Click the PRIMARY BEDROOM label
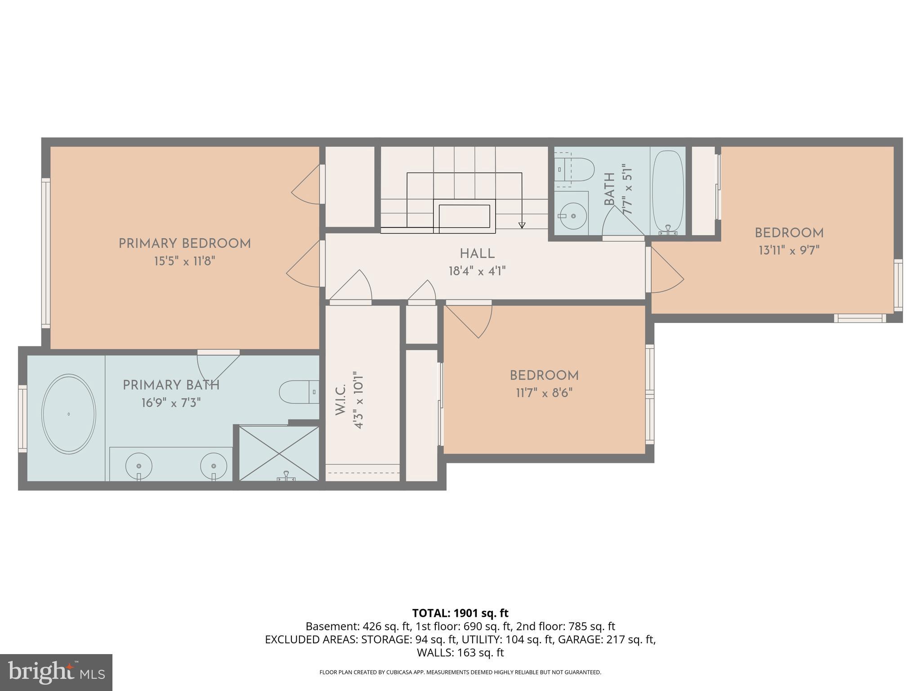click(184, 244)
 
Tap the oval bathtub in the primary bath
click(68, 413)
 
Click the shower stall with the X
click(279, 453)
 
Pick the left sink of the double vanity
click(139, 466)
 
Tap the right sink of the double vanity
click(213, 466)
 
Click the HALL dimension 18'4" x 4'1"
click(477, 271)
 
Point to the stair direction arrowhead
click(522, 225)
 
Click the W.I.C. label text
click(341, 399)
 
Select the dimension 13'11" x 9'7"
click(789, 250)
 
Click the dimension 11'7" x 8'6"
click(544, 393)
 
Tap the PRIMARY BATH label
click(171, 385)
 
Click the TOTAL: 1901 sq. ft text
click(460, 613)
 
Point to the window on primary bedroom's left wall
click(45, 252)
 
